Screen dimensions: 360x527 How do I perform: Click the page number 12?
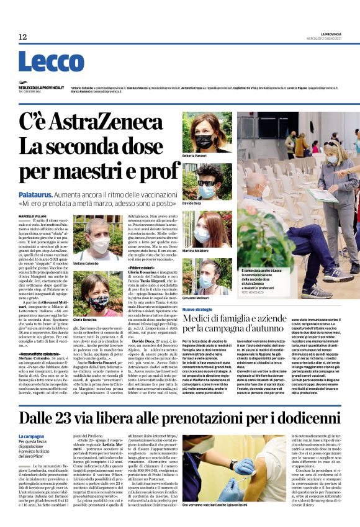click(22, 37)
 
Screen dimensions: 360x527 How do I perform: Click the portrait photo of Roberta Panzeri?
click(207, 132)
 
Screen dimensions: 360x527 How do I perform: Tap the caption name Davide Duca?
click(192, 202)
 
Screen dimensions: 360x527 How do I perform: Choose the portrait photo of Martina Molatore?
click(207, 229)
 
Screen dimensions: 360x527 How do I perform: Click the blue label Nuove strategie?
click(197, 309)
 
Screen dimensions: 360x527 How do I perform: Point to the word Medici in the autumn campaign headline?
click(199, 320)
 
